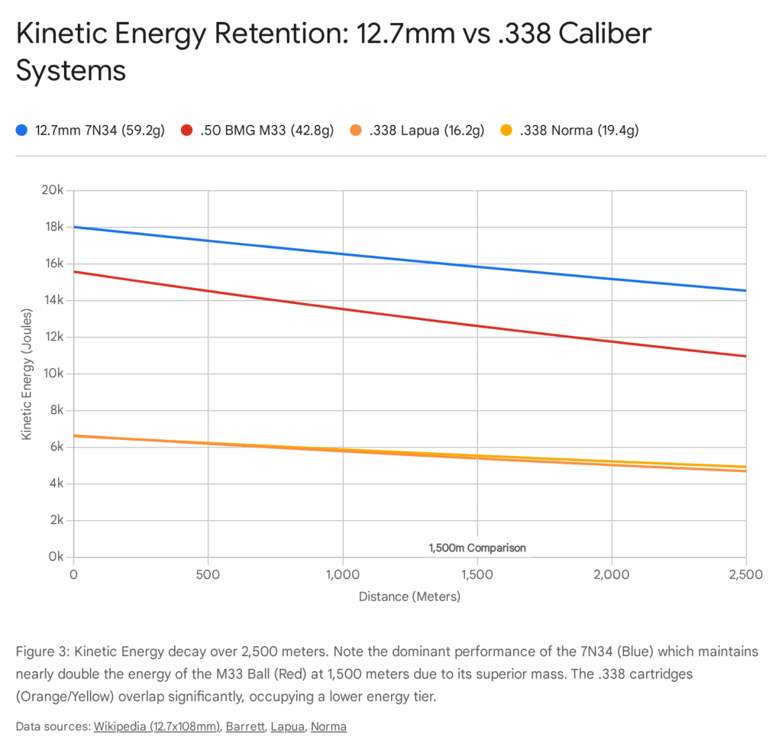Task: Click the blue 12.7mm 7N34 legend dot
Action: point(22,130)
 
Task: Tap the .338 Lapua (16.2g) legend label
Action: point(427,130)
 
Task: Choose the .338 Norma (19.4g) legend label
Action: point(579,130)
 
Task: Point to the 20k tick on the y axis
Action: point(51,190)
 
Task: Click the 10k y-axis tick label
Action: point(51,373)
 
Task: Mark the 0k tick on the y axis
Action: point(54,557)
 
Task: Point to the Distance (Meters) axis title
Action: point(409,596)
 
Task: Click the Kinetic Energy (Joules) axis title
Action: point(27,373)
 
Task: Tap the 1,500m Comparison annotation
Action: point(477,548)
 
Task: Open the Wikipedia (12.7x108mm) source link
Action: point(157,726)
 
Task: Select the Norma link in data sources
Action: point(328,726)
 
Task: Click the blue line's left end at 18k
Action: point(74,227)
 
